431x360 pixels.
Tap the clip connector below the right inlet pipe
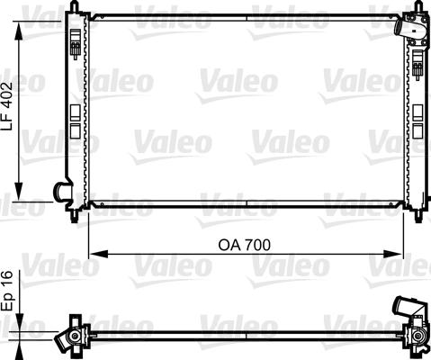click(x=418, y=64)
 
